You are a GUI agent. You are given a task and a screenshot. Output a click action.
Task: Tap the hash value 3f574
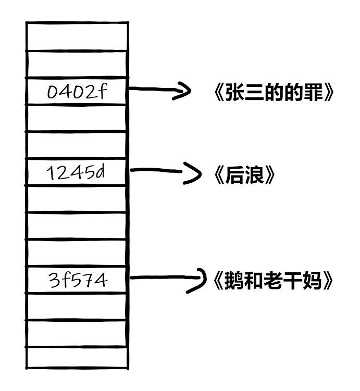tap(77, 281)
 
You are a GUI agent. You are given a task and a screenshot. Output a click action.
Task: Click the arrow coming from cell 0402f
tap(159, 91)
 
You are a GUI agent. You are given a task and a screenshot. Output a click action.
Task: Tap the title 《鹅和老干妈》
tap(274, 281)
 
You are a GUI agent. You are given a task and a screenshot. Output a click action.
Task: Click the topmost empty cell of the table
tap(77, 36)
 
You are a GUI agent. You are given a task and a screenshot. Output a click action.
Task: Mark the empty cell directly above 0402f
tap(77, 65)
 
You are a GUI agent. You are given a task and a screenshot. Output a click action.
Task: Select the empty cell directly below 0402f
tap(77, 118)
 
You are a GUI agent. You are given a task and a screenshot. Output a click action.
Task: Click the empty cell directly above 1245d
tap(77, 145)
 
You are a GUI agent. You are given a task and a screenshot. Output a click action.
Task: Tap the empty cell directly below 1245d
tap(77, 199)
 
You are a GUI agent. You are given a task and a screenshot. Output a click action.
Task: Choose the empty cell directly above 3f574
tap(77, 253)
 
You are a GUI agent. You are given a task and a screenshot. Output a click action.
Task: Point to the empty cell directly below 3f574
tap(77, 307)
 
